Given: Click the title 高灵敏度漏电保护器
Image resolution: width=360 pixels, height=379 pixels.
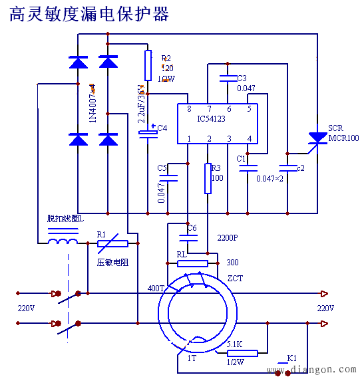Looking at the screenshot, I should click(89, 14).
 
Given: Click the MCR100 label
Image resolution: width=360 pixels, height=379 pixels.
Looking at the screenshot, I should click(343, 138).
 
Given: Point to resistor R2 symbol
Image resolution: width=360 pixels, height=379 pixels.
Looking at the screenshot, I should click(148, 64).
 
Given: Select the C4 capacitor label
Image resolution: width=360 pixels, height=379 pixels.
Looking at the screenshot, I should click(162, 128).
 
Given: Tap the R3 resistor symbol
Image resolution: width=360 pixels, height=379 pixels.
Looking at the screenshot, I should click(208, 178).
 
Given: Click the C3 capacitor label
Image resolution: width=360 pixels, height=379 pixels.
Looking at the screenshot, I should click(242, 78).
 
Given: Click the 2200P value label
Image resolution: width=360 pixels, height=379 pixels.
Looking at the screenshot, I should click(228, 237).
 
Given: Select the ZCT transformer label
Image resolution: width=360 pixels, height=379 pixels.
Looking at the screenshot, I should click(235, 278).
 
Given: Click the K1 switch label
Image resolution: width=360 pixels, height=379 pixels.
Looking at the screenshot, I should click(291, 358).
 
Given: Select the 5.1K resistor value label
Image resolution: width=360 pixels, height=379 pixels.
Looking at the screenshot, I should click(234, 344).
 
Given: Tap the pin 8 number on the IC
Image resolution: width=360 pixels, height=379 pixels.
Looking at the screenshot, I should click(189, 109).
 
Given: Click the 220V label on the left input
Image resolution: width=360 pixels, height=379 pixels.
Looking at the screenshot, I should click(26, 309).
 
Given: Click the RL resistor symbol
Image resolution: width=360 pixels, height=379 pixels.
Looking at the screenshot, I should click(193, 263).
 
